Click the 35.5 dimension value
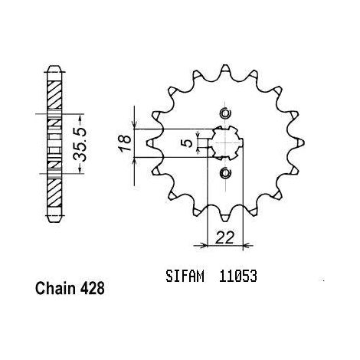80,145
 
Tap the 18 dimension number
126,143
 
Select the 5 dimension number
188,143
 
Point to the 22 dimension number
224,237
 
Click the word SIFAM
185,276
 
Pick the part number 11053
237,276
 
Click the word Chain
55,289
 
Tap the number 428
92,289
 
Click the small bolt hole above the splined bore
225,113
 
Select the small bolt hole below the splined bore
225,173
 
